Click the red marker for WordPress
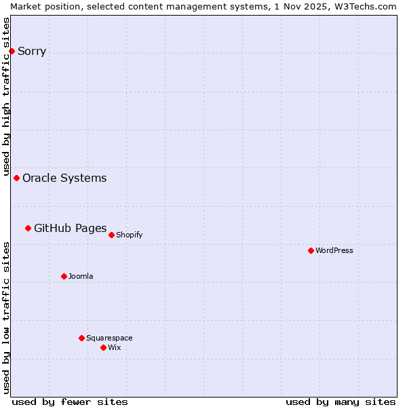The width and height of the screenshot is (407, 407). click(x=311, y=250)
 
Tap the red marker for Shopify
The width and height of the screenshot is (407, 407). click(x=111, y=235)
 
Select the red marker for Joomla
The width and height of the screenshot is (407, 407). click(x=64, y=276)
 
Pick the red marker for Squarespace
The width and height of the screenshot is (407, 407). click(x=81, y=338)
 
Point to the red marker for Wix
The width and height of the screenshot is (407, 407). click(x=103, y=347)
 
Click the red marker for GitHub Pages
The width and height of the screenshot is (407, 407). click(x=28, y=228)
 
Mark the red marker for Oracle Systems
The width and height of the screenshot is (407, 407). click(x=16, y=178)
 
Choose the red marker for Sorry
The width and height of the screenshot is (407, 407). click(x=12, y=51)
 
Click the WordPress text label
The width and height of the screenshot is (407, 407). click(x=334, y=250)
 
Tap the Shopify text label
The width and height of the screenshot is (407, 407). click(x=129, y=235)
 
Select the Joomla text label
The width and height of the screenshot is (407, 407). click(x=81, y=276)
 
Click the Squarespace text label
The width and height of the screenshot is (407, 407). click(x=109, y=338)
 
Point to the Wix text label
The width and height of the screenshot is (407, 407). click(x=114, y=347)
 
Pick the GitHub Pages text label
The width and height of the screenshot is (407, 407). click(x=70, y=228)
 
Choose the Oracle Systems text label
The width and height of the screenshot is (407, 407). click(x=64, y=178)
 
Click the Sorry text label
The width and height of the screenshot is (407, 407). click(x=32, y=51)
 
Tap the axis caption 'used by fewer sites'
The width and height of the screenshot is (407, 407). click(x=70, y=402)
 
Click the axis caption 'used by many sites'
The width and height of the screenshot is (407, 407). click(x=341, y=402)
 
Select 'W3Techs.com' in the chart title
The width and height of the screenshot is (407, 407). click(x=369, y=6)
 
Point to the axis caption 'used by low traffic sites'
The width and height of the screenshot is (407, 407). click(x=6, y=317)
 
